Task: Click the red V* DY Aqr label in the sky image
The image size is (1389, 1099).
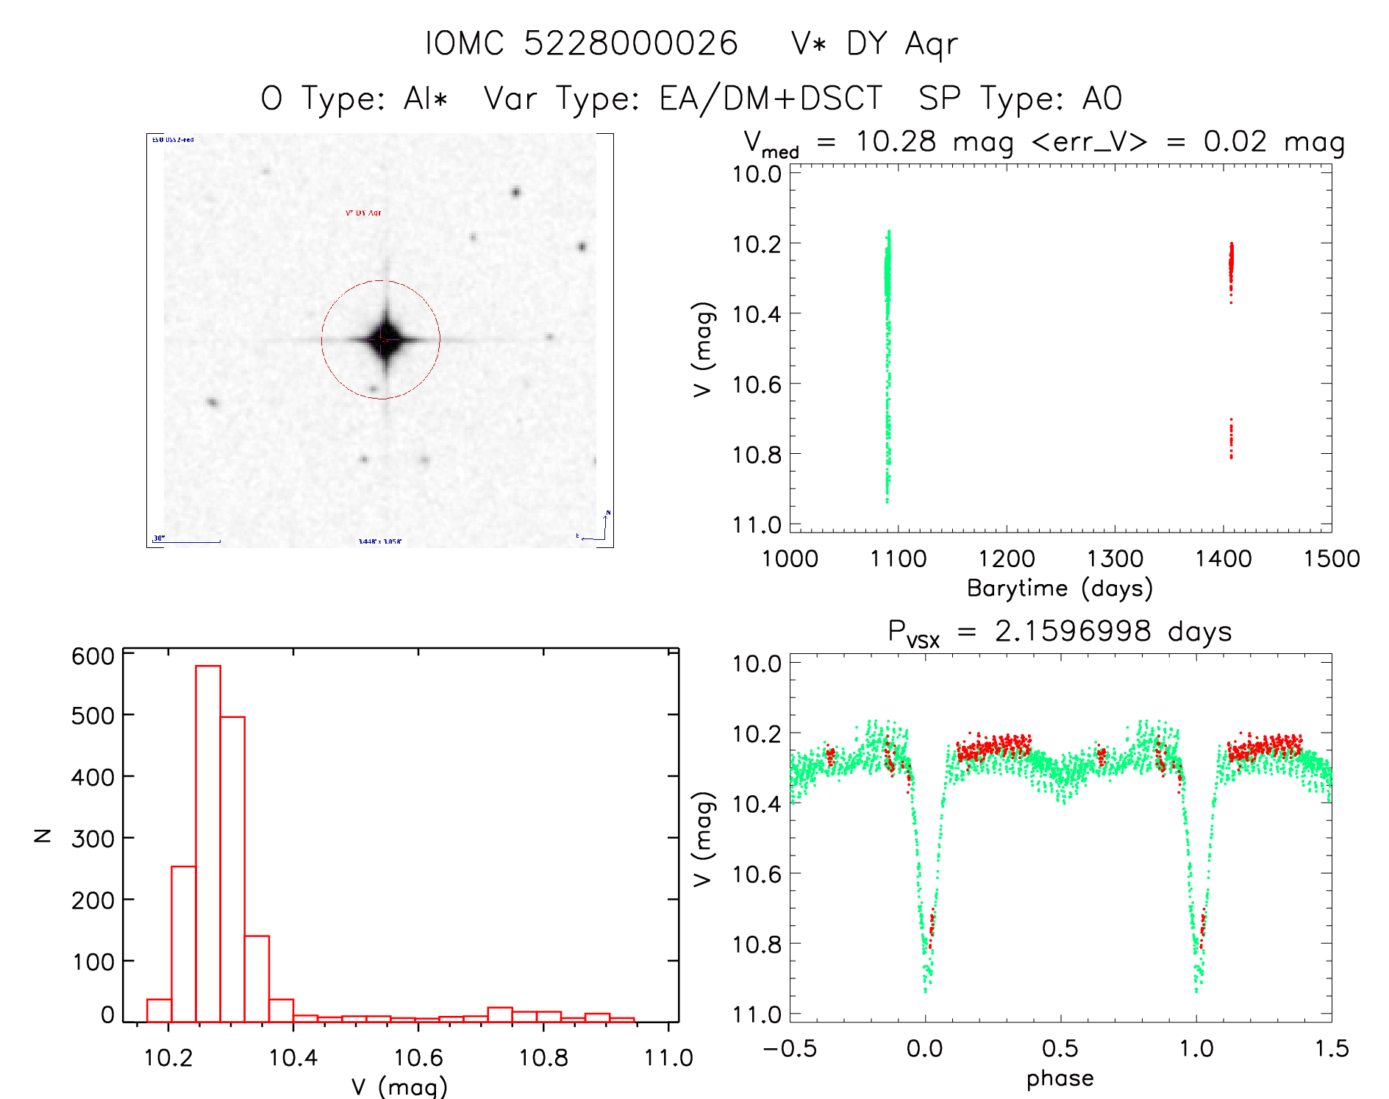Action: (x=363, y=213)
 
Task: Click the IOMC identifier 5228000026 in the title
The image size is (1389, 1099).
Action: (x=630, y=44)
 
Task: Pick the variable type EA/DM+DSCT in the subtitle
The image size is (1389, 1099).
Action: (x=771, y=99)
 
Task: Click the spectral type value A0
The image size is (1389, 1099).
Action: (x=1101, y=99)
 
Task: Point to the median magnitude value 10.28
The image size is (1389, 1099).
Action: (x=896, y=141)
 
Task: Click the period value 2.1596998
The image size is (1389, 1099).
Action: (x=1072, y=631)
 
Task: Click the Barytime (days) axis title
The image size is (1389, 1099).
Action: (x=1060, y=588)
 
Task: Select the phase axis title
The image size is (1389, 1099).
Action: (x=1060, y=1078)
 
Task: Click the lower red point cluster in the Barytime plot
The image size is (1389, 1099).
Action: (x=1231, y=440)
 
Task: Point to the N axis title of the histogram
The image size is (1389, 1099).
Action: (x=43, y=836)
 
